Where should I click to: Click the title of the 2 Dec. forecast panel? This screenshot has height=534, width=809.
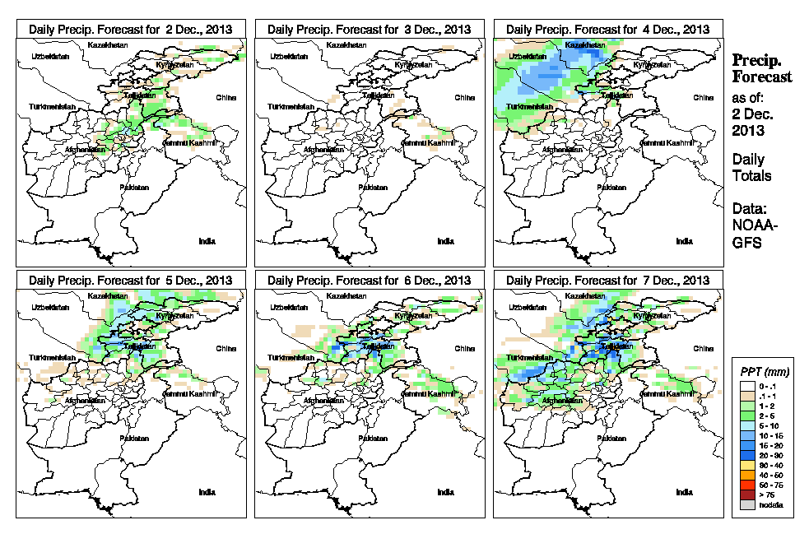(x=130, y=29)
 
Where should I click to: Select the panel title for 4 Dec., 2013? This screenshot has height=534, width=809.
(x=607, y=29)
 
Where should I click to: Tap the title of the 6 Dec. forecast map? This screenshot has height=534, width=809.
(x=369, y=281)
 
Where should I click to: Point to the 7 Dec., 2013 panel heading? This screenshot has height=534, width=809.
(x=607, y=281)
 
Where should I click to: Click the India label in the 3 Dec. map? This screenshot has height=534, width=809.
(x=445, y=241)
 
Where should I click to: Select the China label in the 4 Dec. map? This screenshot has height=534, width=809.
(x=703, y=97)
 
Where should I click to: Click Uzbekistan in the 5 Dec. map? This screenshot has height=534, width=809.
(x=49, y=308)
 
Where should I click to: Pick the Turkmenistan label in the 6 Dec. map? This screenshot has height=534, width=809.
(x=291, y=359)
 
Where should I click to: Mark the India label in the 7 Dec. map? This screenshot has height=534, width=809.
(x=684, y=492)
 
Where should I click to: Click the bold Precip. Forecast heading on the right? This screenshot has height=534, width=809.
(x=761, y=68)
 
